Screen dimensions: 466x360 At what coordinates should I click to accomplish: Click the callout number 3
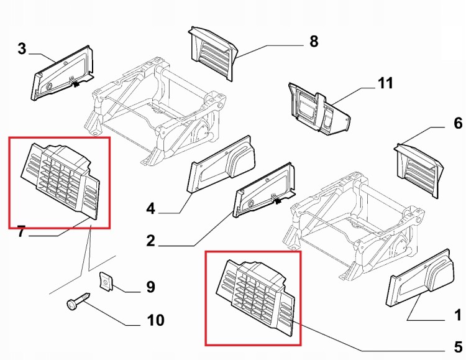click(22, 48)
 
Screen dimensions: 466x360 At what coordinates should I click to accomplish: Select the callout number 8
click(314, 42)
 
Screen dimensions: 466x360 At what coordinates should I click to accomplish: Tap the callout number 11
click(385, 83)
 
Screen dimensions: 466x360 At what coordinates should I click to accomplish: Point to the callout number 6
click(458, 123)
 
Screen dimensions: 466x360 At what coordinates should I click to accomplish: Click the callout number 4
click(151, 208)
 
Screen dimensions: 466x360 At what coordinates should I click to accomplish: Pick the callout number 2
click(151, 241)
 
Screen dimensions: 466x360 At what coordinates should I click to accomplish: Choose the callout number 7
click(21, 231)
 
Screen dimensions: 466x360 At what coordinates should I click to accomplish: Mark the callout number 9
click(151, 287)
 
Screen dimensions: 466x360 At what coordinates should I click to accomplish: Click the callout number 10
click(155, 320)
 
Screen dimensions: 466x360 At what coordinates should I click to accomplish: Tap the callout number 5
click(459, 347)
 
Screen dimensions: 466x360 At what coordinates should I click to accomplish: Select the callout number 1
click(458, 315)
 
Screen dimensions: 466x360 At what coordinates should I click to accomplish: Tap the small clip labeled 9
click(106, 280)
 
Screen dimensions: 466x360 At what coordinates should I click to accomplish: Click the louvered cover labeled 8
click(212, 53)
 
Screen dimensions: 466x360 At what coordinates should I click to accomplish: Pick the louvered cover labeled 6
click(419, 170)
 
